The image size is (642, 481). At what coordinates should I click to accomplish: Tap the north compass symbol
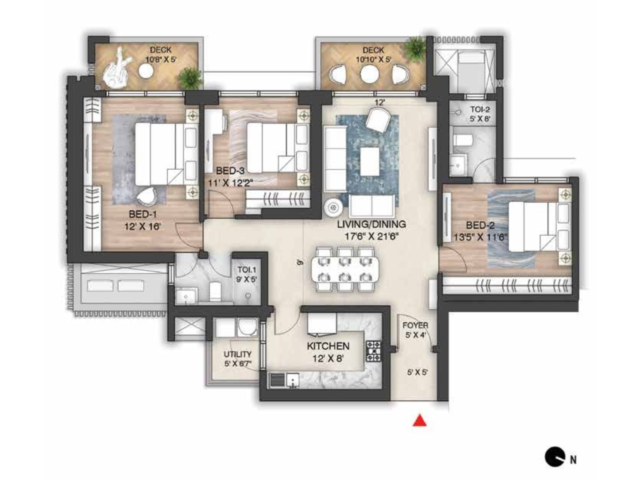[x=555, y=457]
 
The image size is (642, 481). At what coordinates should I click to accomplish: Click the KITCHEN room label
[x=328, y=346]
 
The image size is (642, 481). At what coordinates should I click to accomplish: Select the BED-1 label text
[x=142, y=214]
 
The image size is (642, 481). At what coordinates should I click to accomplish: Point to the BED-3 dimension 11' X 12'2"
[x=230, y=183]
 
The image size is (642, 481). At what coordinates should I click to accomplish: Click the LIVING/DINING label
[x=371, y=224]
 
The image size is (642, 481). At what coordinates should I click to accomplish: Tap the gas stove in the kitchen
[x=373, y=352]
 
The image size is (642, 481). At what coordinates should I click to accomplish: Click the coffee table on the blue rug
[x=370, y=161]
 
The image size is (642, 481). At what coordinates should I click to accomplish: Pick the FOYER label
[x=415, y=325]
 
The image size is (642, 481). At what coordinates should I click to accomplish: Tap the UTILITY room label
[x=238, y=354]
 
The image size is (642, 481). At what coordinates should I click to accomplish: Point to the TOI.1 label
[x=246, y=270]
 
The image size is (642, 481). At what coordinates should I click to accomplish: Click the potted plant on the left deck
[x=189, y=78]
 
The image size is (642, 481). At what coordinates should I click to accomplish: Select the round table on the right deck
[x=370, y=74]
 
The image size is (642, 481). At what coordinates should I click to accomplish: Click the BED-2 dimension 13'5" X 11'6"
[x=480, y=237]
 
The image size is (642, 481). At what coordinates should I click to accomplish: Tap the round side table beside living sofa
[x=333, y=207]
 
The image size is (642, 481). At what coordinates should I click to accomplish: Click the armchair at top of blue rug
[x=378, y=119]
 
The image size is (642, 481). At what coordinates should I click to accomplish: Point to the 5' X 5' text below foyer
[x=417, y=372]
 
